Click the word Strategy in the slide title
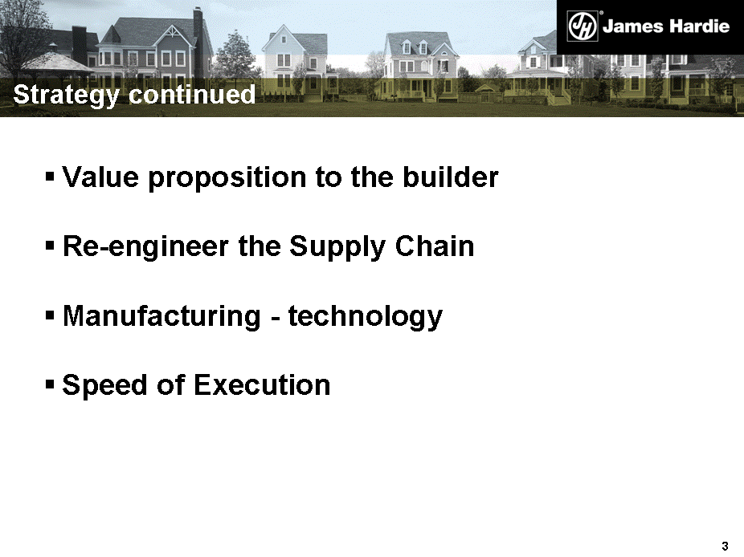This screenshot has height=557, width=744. pos(66,95)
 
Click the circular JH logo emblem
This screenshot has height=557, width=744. pos(583,26)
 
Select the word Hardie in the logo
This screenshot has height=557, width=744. pos(697,26)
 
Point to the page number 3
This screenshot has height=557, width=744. pos(725,546)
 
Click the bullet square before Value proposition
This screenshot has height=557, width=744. pos(50,177)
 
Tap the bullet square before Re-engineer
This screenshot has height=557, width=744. pos(50,246)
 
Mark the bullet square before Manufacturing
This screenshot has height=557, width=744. pos(50,315)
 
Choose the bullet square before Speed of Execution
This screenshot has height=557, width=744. pos(50,384)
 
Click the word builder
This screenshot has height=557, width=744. pos(450,177)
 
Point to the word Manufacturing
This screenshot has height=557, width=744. pos(161,316)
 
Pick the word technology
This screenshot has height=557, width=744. pos(366,316)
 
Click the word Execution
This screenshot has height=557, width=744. pos(262,384)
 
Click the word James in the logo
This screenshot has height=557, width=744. pos(632,26)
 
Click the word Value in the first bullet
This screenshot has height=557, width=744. pos(100,177)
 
